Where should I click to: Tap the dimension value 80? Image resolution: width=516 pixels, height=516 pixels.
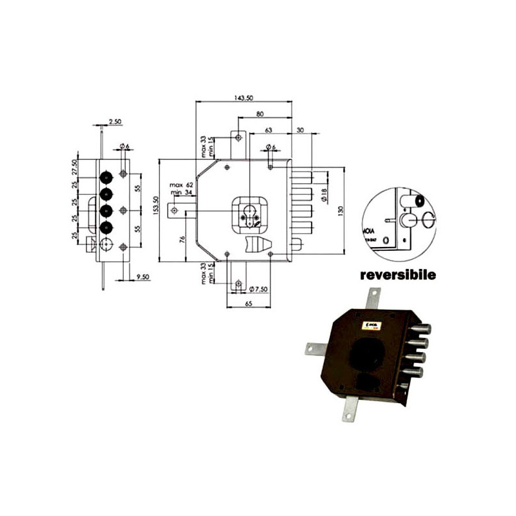(x=259, y=114)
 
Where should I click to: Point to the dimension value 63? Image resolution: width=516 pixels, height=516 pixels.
(x=268, y=129)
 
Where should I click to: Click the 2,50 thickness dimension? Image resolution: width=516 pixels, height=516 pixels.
(x=115, y=121)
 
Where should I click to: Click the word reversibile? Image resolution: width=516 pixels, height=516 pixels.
(x=398, y=275)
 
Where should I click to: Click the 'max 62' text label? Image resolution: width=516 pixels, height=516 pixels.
(x=181, y=186)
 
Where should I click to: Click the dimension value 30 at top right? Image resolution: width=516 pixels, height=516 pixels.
(x=301, y=129)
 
